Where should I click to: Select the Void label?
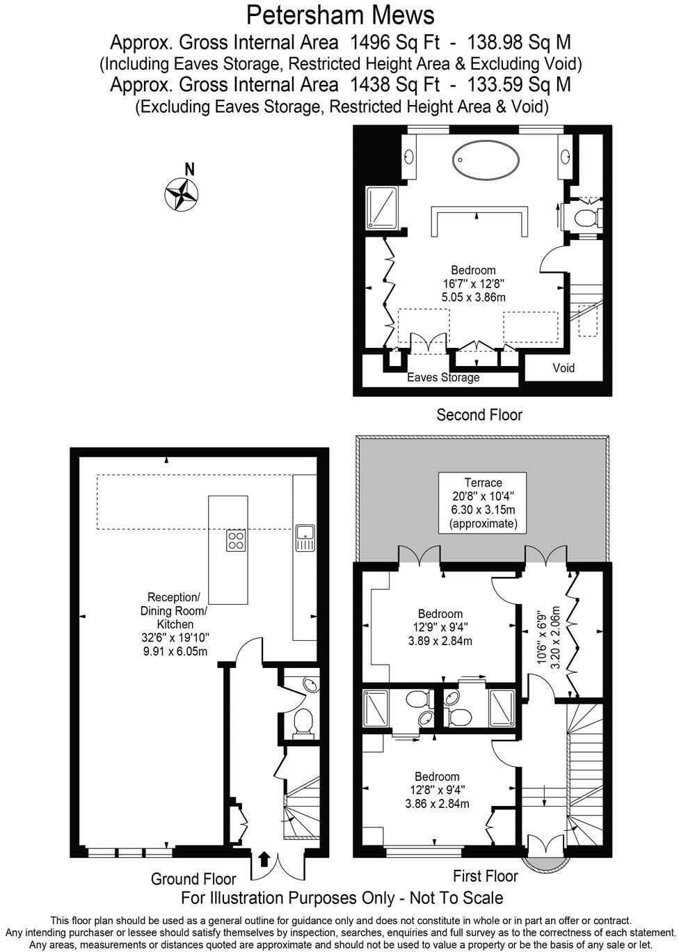tap(564, 368)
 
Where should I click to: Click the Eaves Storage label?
tap(443, 377)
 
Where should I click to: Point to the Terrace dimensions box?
tap(483, 502)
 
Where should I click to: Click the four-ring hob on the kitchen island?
tap(235, 541)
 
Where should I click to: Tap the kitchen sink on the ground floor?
tap(305, 538)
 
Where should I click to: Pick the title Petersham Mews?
tap(340, 16)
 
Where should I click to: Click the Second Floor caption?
tap(479, 415)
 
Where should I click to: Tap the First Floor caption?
tap(485, 876)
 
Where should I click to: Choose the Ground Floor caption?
tap(193, 879)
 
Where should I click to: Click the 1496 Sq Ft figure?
tap(395, 42)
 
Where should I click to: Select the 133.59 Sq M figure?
tap(519, 85)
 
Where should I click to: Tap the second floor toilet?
tap(588, 218)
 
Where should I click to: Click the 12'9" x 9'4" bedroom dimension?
tap(440, 627)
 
